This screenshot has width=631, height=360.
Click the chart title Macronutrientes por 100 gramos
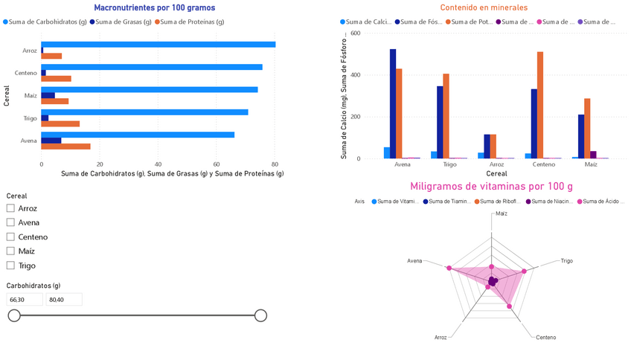[x=155, y=8]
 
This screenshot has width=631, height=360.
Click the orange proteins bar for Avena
[x=66, y=147]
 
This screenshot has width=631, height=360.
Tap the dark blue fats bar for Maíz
[x=48, y=95]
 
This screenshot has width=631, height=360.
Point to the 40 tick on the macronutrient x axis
[x=158, y=164]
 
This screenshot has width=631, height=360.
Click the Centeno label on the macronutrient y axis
[x=26, y=73]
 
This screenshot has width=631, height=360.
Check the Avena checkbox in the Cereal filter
[x=10, y=222]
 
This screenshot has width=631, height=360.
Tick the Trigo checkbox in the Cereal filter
[x=10, y=266]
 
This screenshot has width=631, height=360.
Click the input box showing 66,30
[x=25, y=299]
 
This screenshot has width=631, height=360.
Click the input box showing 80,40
[x=63, y=299]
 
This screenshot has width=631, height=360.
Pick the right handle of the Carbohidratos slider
[x=260, y=315]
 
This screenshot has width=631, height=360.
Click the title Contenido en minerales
[x=484, y=8]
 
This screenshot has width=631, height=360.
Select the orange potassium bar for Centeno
[x=540, y=105]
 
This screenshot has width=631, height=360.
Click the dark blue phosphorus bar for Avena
[x=393, y=103]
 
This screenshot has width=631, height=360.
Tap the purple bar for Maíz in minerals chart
[x=593, y=155]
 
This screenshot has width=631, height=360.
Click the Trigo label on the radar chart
[x=566, y=261]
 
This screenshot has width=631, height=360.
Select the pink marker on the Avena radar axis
[x=449, y=268]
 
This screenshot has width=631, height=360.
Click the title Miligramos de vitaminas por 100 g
[x=491, y=187]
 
